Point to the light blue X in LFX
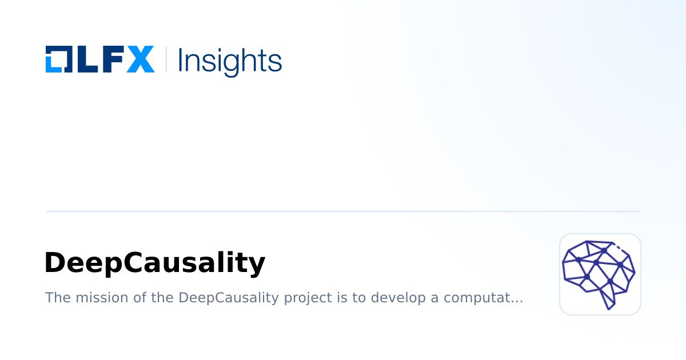(x=140, y=59)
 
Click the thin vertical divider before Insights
(x=166, y=59)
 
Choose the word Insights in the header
(x=230, y=61)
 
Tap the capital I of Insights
(x=181, y=59)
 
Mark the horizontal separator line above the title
(x=343, y=211)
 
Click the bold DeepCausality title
(x=154, y=263)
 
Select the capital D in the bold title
(x=55, y=263)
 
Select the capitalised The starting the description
(x=55, y=298)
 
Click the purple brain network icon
(x=600, y=274)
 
